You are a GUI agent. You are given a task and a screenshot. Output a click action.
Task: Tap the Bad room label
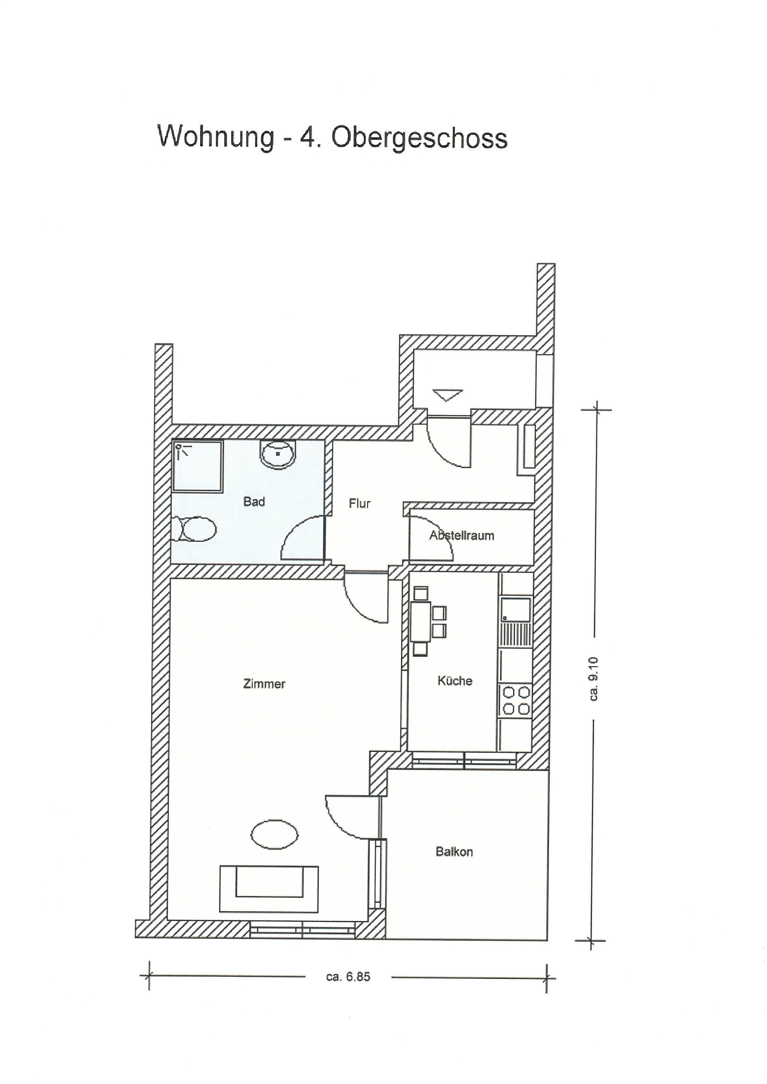(254, 501)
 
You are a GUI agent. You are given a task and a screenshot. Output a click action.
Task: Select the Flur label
(360, 504)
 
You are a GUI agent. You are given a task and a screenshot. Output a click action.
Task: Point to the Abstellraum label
(462, 535)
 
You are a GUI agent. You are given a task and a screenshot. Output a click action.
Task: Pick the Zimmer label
(264, 684)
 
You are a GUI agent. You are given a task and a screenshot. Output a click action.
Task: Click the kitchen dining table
(420, 621)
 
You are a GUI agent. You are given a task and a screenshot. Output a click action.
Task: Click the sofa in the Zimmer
(269, 889)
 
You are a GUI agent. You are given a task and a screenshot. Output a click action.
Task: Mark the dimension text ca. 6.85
(348, 977)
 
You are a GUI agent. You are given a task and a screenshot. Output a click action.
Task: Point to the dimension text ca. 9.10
(594, 679)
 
